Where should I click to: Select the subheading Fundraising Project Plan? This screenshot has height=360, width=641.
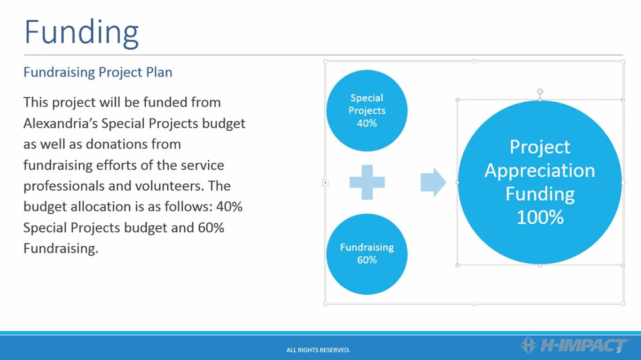[98, 72]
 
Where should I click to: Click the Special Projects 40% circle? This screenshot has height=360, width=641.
[367, 110]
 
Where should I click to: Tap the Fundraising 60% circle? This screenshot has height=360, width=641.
[367, 254]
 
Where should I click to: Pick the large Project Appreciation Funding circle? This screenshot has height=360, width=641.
[539, 182]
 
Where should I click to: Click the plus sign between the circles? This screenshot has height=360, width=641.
[367, 182]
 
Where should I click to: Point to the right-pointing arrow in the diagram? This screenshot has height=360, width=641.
[433, 182]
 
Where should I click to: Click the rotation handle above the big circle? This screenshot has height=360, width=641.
[540, 92]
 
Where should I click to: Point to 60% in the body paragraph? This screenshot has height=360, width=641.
[211, 227]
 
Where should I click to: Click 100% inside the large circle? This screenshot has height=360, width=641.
[540, 217]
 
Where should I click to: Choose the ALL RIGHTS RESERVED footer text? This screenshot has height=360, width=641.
[318, 350]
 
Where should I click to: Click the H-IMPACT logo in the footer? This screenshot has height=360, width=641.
[573, 345]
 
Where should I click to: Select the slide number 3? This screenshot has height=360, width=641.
[618, 350]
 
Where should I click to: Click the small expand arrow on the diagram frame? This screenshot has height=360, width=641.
[325, 182]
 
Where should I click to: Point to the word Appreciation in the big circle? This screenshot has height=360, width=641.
[539, 171]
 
